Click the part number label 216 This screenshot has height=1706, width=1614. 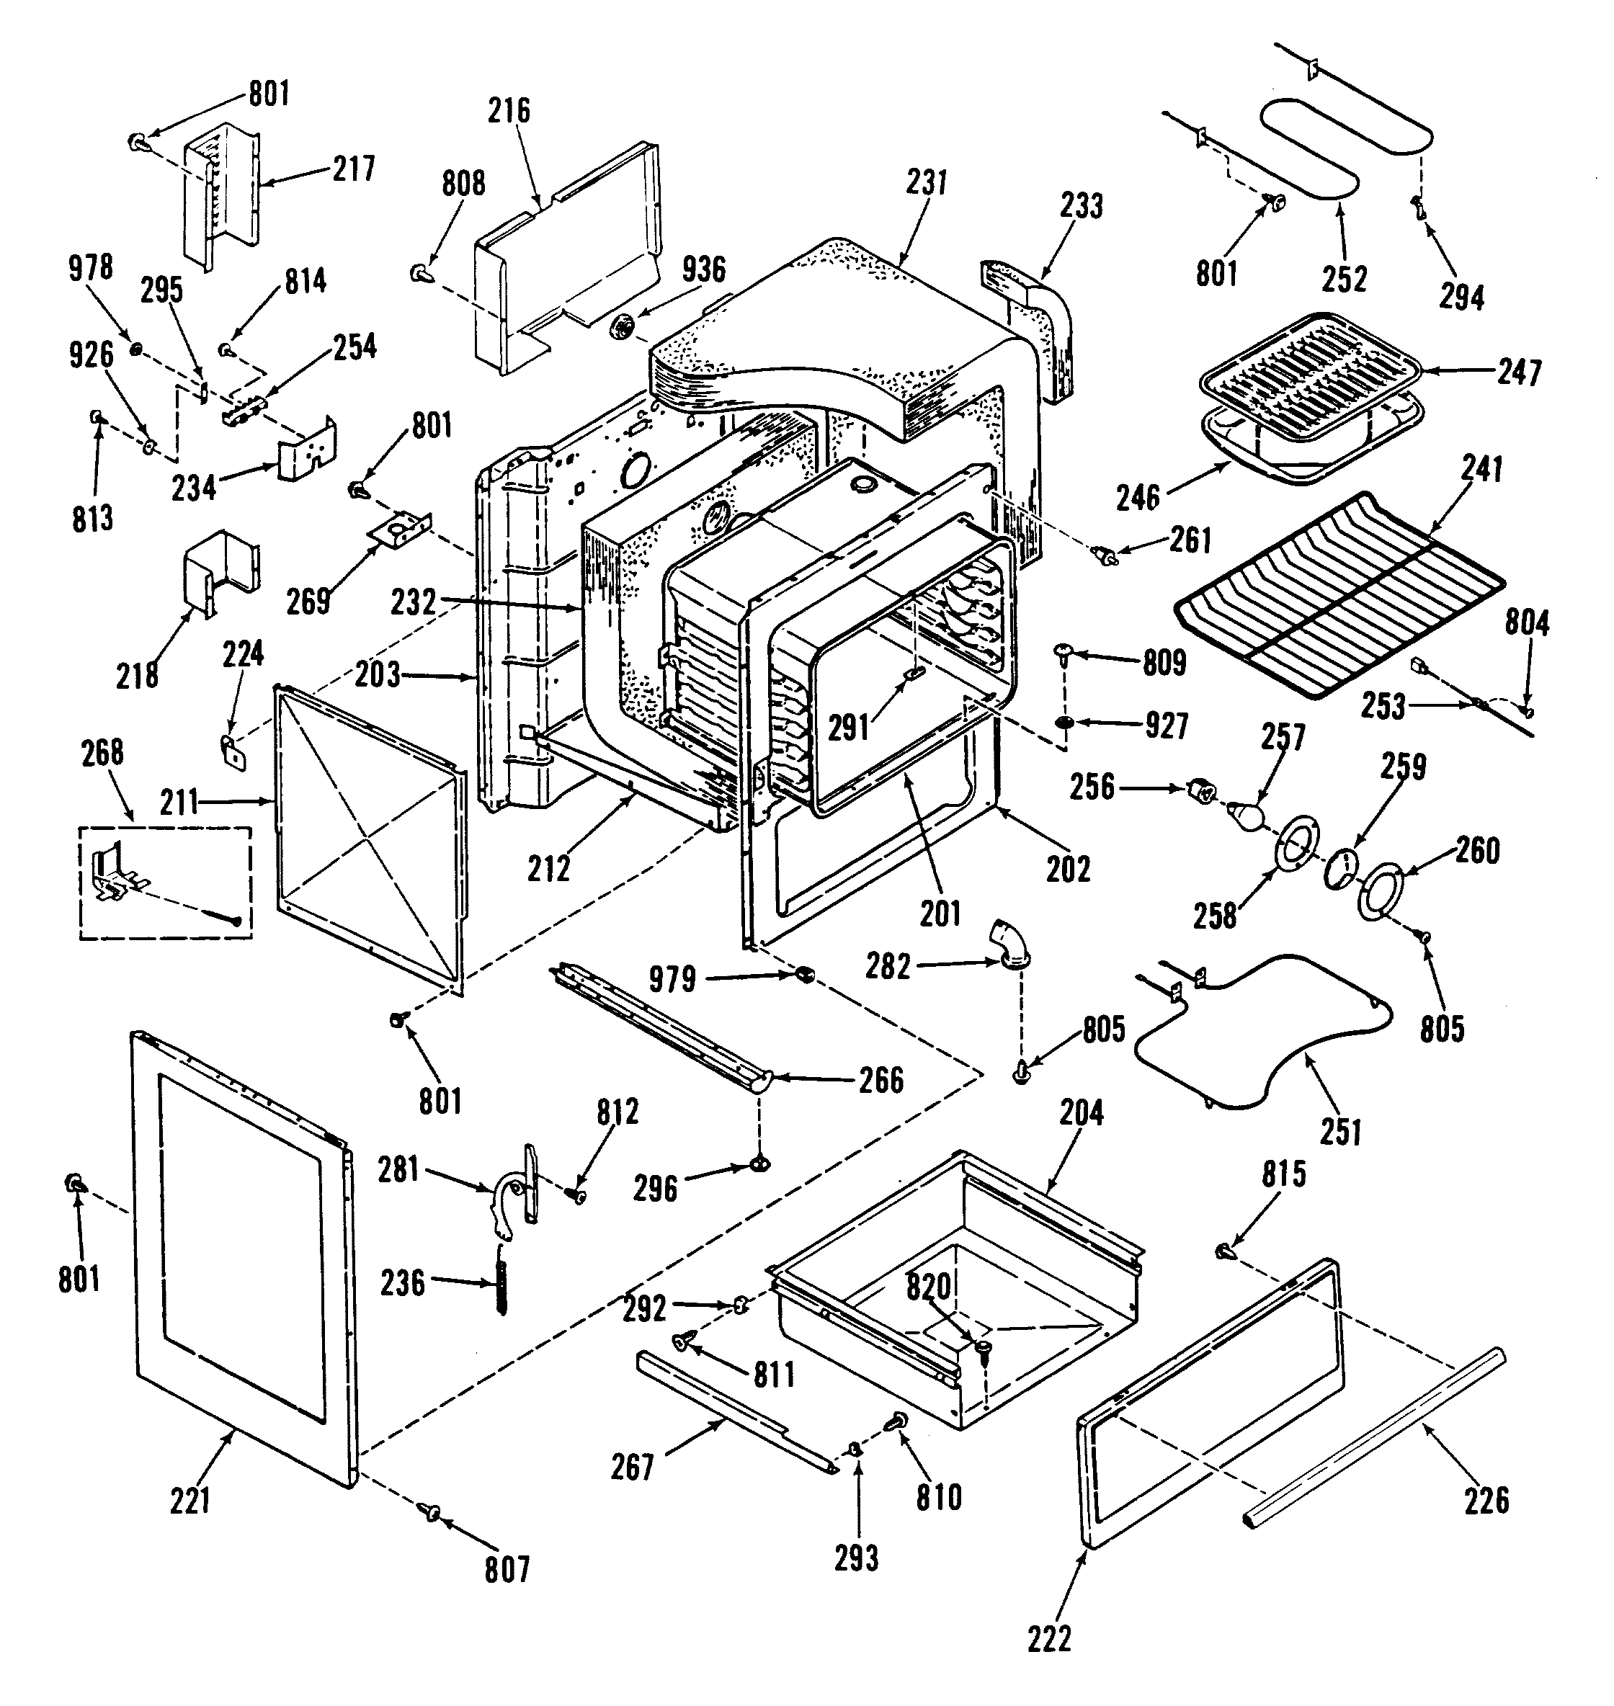(509, 110)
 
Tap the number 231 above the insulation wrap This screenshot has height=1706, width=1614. (926, 182)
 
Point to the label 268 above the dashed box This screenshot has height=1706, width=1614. (102, 753)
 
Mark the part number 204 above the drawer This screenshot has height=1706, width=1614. (1081, 1112)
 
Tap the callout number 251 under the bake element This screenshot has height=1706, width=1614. (1341, 1131)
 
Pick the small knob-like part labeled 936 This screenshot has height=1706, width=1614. (623, 326)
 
